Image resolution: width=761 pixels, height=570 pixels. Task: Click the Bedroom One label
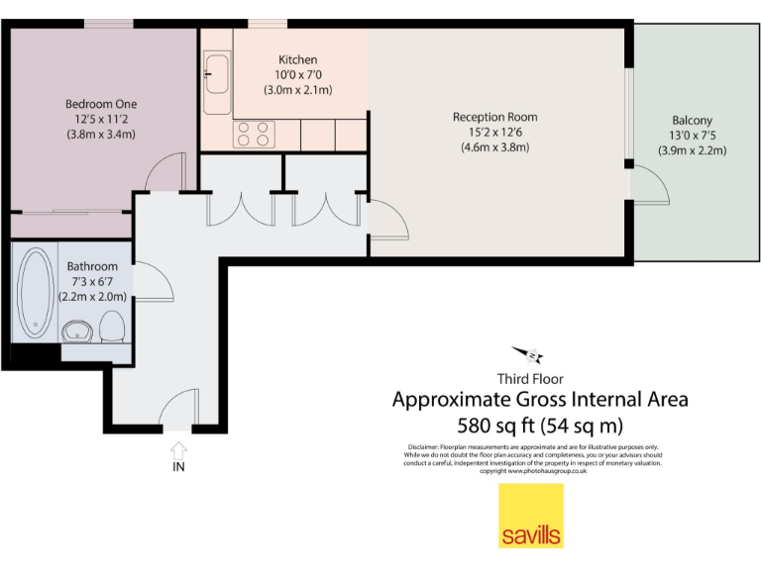pyautogui.click(x=101, y=104)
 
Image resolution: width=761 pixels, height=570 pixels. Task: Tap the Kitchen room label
pyautogui.click(x=297, y=60)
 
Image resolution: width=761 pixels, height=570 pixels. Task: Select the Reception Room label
pyautogui.click(x=494, y=117)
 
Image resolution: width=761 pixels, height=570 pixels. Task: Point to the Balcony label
pyautogui.click(x=692, y=121)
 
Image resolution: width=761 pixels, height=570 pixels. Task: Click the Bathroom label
pyautogui.click(x=92, y=267)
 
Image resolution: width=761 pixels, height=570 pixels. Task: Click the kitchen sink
pyautogui.click(x=216, y=74)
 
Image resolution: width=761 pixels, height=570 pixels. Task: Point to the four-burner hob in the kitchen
pyautogui.click(x=253, y=134)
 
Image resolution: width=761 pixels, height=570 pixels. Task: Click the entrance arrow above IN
pyautogui.click(x=178, y=448)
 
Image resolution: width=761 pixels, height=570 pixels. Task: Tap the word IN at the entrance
pyautogui.click(x=178, y=466)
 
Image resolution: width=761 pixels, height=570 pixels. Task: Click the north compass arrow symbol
pyautogui.click(x=526, y=354)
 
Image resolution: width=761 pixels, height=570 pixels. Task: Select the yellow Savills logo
pyautogui.click(x=530, y=517)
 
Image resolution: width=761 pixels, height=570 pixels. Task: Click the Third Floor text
pyautogui.click(x=530, y=378)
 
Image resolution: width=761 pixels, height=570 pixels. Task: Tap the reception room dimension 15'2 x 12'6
pyautogui.click(x=494, y=132)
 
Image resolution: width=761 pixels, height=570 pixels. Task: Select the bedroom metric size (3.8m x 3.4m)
pyautogui.click(x=101, y=134)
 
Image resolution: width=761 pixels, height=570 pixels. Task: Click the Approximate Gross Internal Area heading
pyautogui.click(x=540, y=401)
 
